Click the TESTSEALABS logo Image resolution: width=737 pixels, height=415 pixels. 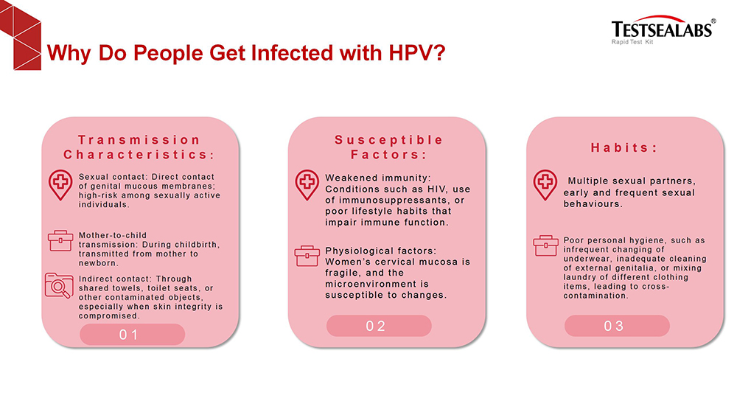pyautogui.click(x=663, y=29)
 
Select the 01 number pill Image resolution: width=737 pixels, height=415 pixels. pyautogui.click(x=132, y=334)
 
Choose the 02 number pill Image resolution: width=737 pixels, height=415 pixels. pyautogui.click(x=379, y=326)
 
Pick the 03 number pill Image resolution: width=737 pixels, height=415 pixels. pyautogui.click(x=617, y=326)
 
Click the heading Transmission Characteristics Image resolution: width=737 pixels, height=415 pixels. pyautogui.click(x=139, y=147)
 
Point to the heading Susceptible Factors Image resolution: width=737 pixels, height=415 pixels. pyautogui.click(x=388, y=147)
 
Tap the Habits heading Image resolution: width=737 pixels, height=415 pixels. pyautogui.click(x=624, y=147)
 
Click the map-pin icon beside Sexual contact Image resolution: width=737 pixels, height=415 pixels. pyautogui.click(x=60, y=185)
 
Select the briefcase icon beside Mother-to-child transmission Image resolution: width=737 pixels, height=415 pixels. pyautogui.click(x=60, y=240)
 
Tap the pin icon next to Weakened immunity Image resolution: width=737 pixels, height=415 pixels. pyautogui.click(x=307, y=185)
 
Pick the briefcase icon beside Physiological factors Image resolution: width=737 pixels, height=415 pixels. pyautogui.click(x=307, y=256)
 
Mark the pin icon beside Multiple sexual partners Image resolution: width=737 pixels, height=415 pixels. pyautogui.click(x=545, y=185)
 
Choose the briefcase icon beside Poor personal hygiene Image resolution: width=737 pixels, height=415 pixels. pyautogui.click(x=545, y=245)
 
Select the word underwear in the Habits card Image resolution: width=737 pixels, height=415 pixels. pyautogui.click(x=587, y=259)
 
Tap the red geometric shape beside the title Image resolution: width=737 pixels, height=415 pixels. pyautogui.click(x=21, y=35)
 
